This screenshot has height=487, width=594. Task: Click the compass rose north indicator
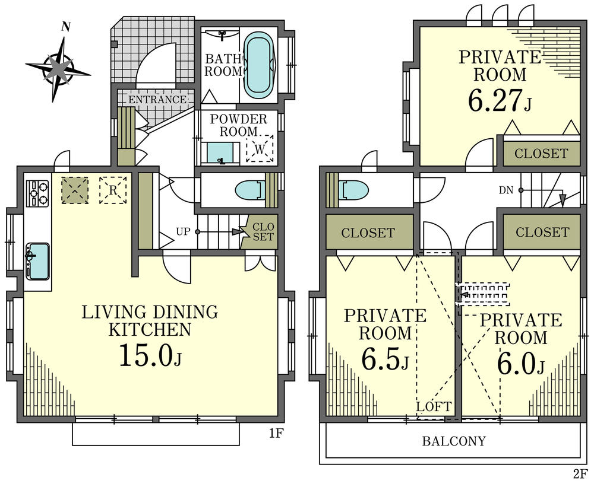pyautogui.click(x=66, y=27)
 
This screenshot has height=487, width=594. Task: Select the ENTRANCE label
pyautogui.click(x=157, y=99)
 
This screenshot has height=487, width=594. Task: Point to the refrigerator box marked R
pyautogui.click(x=113, y=190)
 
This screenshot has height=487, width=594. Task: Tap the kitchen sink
pyautogui.click(x=37, y=261)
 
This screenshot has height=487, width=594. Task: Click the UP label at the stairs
pyautogui.click(x=184, y=231)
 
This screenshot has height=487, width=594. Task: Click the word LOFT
pyautogui.click(x=434, y=407)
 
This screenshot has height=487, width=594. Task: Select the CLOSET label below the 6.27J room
pyautogui.click(x=541, y=153)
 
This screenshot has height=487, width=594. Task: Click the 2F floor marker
pyautogui.click(x=580, y=474)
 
